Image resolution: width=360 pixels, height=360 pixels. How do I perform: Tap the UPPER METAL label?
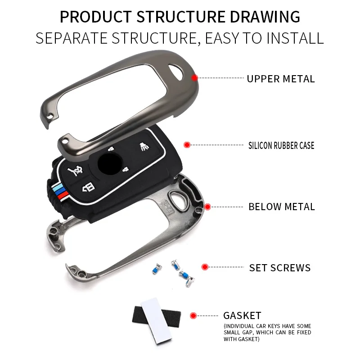(280, 79)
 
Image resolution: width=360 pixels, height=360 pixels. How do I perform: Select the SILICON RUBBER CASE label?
(281, 145)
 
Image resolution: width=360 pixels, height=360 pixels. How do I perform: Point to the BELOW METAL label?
(282, 207)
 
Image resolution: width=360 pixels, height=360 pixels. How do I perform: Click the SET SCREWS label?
(280, 268)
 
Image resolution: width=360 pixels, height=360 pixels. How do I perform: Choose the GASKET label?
(242, 315)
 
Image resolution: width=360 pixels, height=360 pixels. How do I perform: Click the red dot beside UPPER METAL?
(194, 78)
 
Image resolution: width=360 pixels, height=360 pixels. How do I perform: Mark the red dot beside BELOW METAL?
(207, 207)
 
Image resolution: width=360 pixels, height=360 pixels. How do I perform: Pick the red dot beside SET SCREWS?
(205, 267)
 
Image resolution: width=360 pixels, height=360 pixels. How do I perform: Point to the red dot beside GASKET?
(193, 315)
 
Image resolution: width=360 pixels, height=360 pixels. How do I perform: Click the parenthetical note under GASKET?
(267, 333)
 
